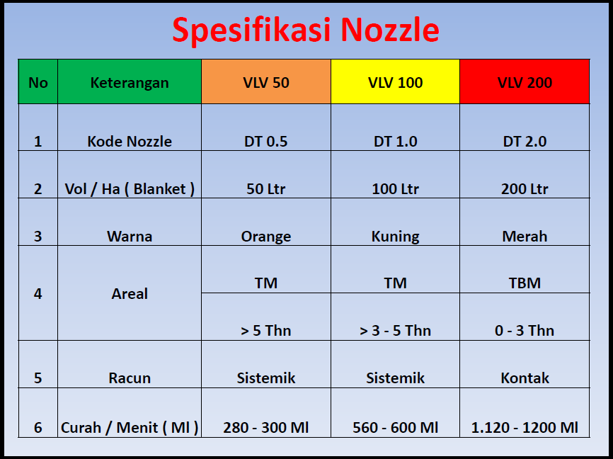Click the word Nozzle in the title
coord(389,30)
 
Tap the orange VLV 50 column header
coord(266,82)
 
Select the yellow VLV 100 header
coord(395,82)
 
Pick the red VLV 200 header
coord(525,82)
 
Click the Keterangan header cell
coord(130,82)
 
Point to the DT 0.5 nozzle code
coord(266,141)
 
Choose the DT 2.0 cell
coord(525,141)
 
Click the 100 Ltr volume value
coord(395,188)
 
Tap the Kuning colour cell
coord(395,236)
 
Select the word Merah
coord(525,236)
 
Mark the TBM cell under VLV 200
coord(525,283)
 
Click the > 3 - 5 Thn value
coord(395,330)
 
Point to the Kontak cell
coord(525,378)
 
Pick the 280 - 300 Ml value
coord(266,427)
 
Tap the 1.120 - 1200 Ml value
coord(525,427)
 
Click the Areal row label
coord(130,293)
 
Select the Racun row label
coord(130,378)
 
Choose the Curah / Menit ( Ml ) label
coord(130,427)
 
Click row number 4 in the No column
coord(38,293)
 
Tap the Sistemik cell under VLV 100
coord(395,378)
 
